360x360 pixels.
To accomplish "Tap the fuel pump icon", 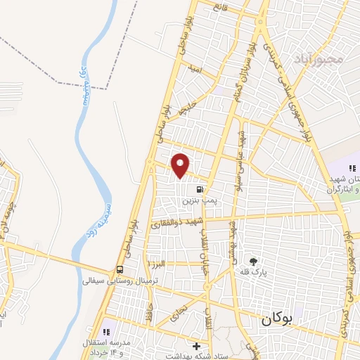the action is coord(201,189).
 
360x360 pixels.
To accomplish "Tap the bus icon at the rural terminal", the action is coord(120,270).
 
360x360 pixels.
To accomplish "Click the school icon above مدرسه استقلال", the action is coord(107,331).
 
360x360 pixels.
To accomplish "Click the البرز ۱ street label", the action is coord(155,262).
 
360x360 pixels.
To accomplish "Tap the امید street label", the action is coord(195,69).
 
